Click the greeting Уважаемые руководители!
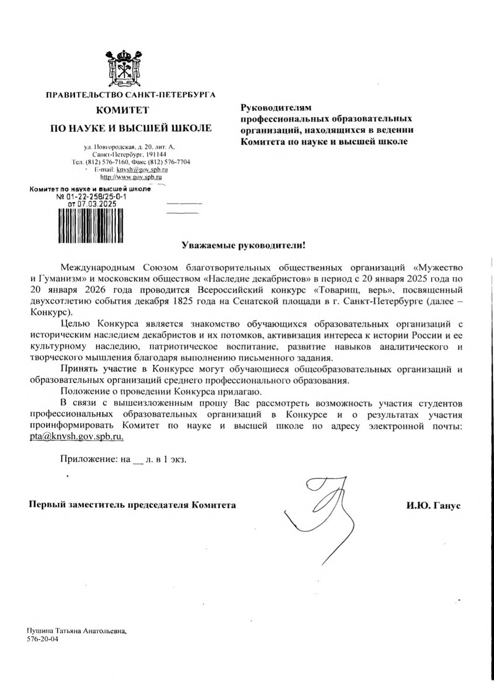pos(243,246)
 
